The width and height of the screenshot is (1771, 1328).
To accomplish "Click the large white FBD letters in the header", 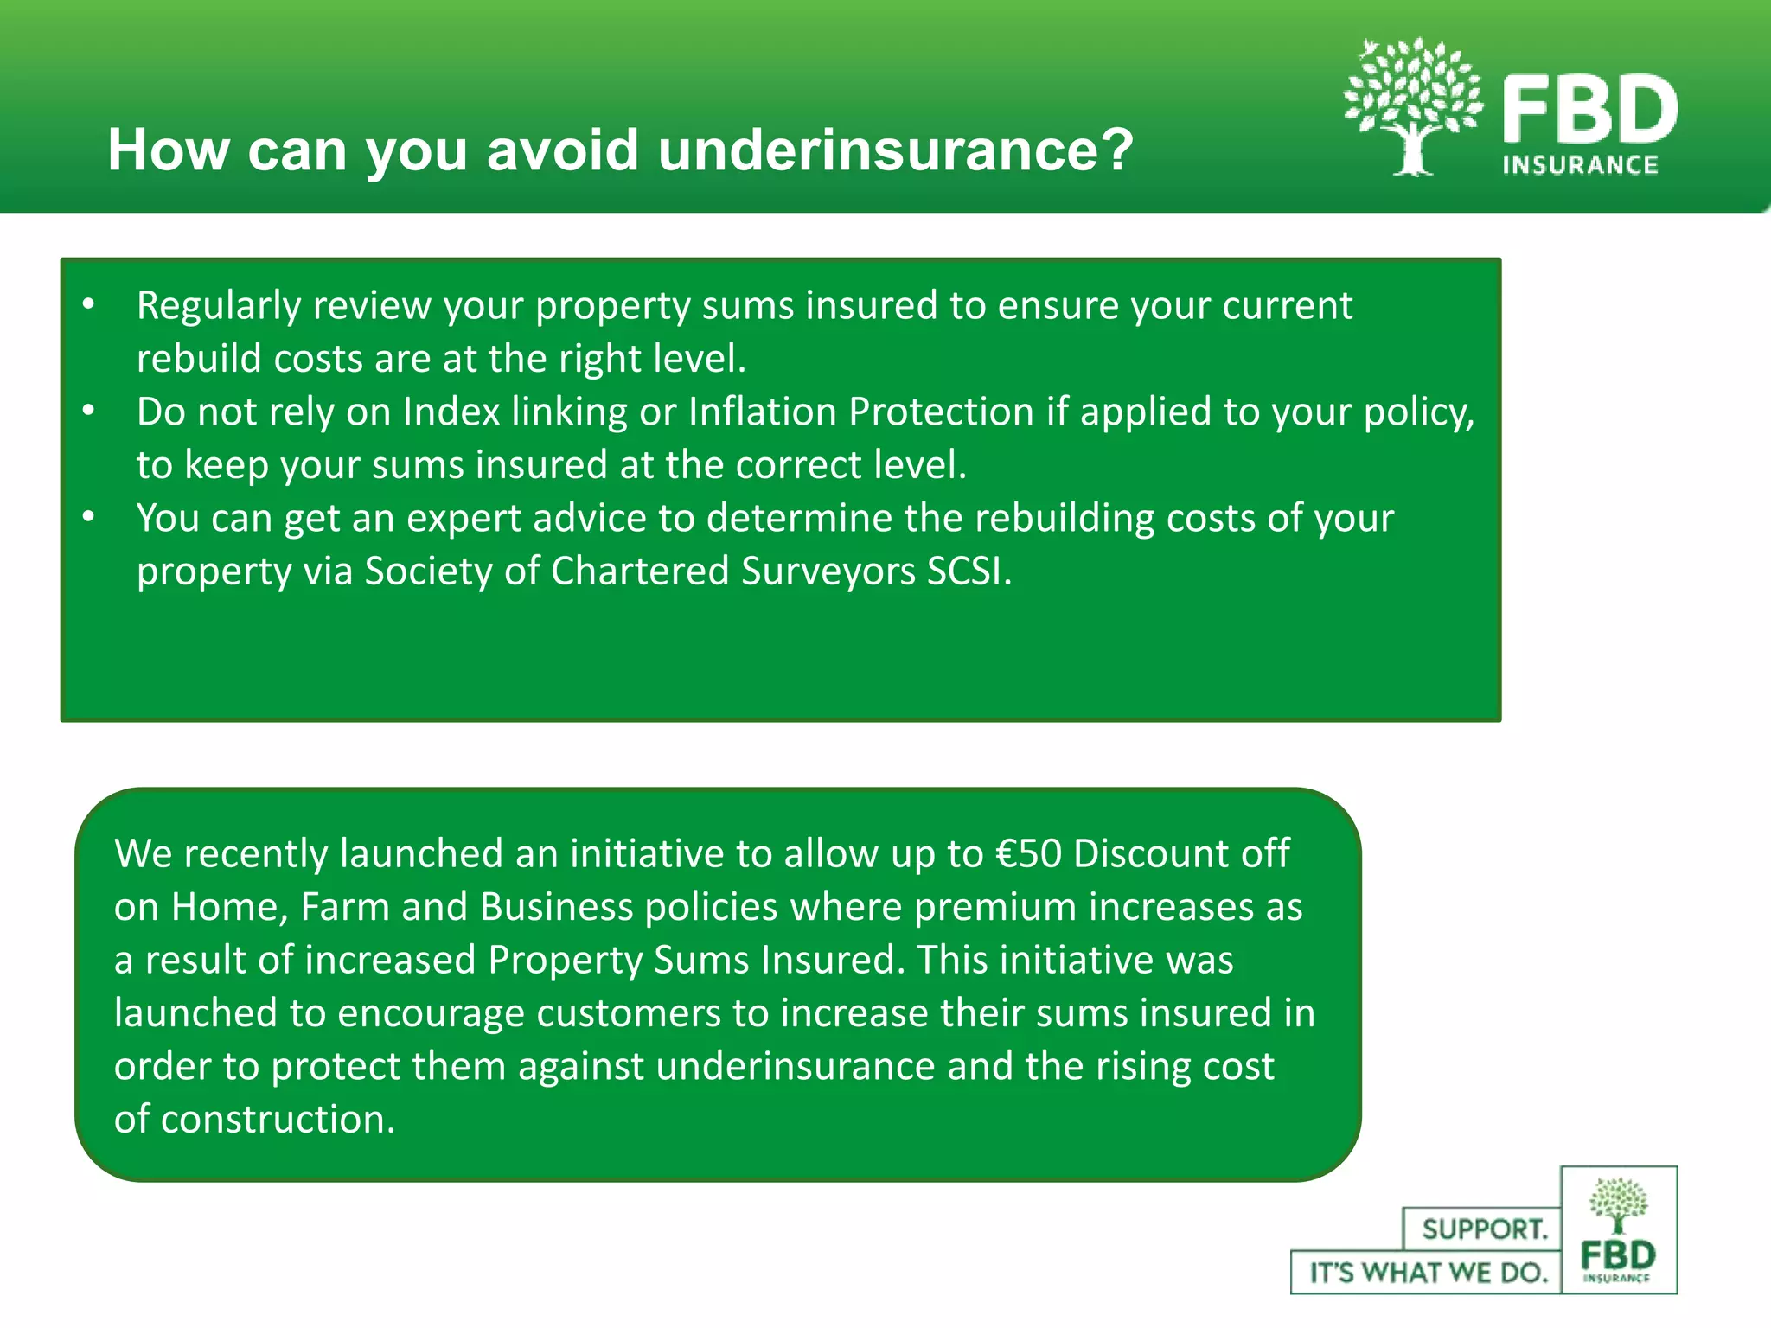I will point(1589,109).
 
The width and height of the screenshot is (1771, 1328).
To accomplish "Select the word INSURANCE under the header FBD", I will point(1580,165).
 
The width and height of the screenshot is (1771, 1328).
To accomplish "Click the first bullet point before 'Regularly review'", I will point(88,304).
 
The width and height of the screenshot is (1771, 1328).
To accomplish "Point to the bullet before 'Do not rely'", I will point(88,411).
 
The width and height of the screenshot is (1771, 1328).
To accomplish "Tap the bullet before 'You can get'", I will point(88,517).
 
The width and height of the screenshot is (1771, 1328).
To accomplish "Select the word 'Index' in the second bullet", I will point(451,412).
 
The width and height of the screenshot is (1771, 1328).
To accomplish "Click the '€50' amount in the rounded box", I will point(1028,853).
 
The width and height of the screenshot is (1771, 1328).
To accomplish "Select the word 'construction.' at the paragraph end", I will point(278,1120).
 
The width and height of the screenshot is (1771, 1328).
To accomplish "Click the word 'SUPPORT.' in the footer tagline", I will point(1484,1229).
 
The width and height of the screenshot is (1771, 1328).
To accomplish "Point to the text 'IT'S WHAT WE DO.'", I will point(1428,1273).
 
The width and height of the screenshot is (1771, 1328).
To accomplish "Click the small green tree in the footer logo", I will point(1618,1204).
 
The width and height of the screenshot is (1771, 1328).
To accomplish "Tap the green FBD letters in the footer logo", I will point(1618,1255).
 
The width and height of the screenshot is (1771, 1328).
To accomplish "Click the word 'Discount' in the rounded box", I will point(1151,853).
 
